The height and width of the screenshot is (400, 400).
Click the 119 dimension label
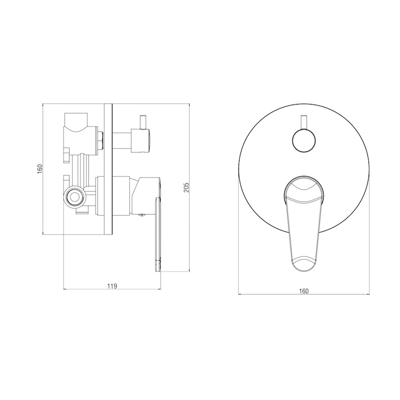point(112,286)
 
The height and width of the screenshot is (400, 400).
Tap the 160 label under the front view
point(303,291)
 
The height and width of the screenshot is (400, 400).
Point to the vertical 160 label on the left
point(40,169)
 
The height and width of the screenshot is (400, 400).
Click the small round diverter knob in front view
point(303,141)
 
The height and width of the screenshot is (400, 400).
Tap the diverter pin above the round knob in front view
point(303,122)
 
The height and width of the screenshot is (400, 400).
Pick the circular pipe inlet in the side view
point(74,196)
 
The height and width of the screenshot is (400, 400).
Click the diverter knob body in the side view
point(140,141)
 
